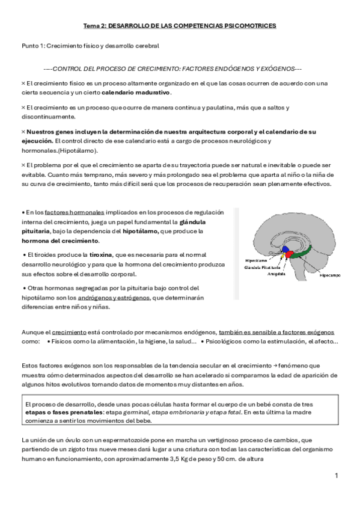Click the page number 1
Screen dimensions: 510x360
click(x=337, y=476)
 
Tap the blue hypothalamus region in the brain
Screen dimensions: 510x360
click(x=287, y=250)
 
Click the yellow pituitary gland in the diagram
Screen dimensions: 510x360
click(x=282, y=259)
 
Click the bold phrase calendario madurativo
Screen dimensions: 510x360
click(x=136, y=92)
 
